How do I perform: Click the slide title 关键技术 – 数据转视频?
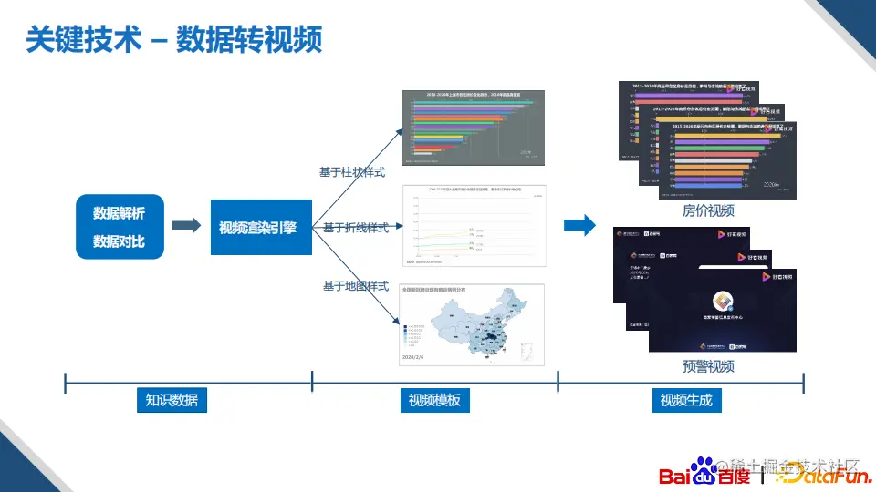173,40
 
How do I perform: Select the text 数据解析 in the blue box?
119,212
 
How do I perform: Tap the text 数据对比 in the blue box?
119,241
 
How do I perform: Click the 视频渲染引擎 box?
258,227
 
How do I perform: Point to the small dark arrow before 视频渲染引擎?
185,226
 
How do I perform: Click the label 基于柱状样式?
351,171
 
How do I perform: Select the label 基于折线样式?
356,228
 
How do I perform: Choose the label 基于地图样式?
356,286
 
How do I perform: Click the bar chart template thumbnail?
473,127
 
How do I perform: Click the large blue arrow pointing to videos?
579,226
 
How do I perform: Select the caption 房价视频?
708,211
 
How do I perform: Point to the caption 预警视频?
708,366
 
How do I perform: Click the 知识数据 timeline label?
172,400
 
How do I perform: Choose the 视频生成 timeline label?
686,400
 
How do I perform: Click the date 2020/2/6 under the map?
414,358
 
